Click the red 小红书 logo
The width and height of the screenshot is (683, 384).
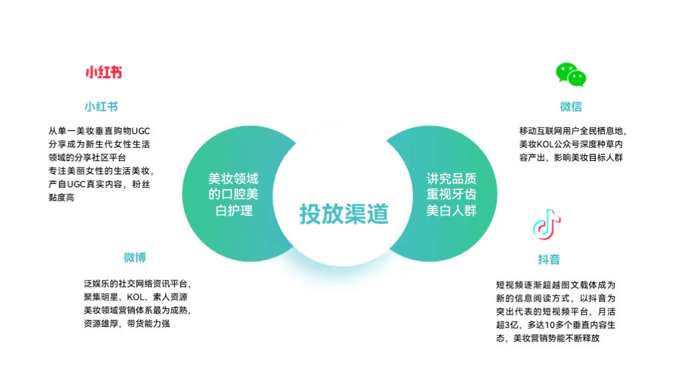[103, 73]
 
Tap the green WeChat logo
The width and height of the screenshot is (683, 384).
[572, 75]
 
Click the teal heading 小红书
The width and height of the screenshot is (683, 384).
[101, 107]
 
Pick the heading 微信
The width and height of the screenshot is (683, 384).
[571, 107]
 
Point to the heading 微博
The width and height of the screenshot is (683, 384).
[134, 257]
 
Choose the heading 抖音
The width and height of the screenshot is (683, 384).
[549, 259]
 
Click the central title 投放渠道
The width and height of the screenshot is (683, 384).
[344, 214]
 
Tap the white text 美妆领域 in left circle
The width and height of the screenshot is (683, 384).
[233, 179]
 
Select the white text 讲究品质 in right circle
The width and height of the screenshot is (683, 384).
[452, 179]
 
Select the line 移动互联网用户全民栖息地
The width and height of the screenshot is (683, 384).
[573, 131]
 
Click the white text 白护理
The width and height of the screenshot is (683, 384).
[233, 211]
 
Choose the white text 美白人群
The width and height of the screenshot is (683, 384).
[452, 211]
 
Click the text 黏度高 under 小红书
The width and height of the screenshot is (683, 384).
[61, 197]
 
